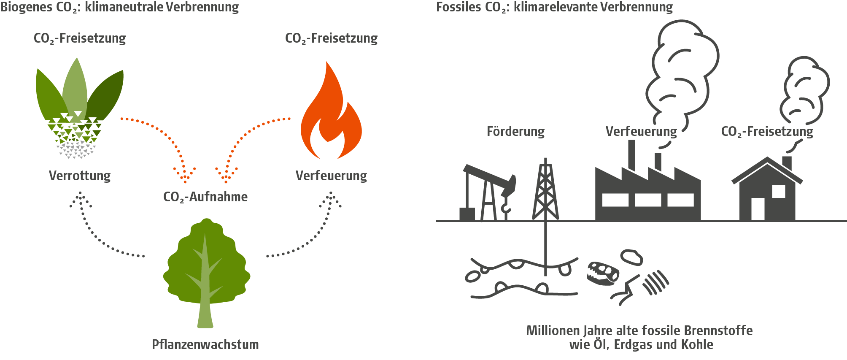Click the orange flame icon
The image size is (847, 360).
click(x=331, y=118)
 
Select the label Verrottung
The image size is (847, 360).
click(x=80, y=175)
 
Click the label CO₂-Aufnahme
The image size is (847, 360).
click(x=205, y=197)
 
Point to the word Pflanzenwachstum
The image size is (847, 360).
click(x=205, y=344)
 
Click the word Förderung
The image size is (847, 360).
click(x=515, y=131)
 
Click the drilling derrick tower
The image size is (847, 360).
click(x=545, y=190)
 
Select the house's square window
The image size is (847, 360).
click(x=778, y=191)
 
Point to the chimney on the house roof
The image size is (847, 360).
click(x=787, y=162)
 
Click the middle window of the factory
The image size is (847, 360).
click(x=647, y=200)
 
